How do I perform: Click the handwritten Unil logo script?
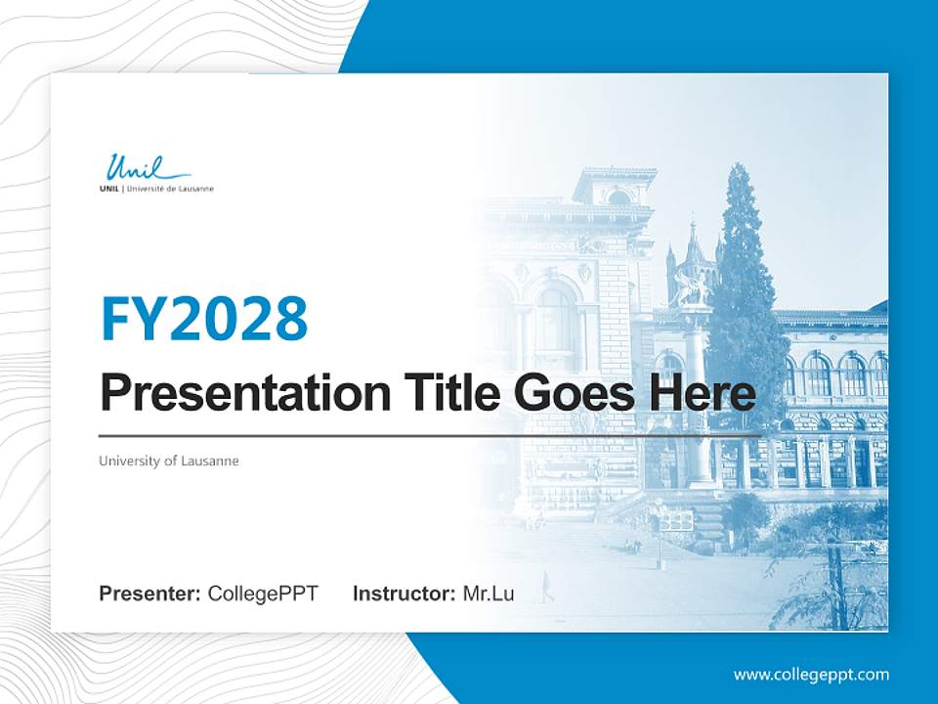coord(134,168)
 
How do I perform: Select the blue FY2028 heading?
coord(204,319)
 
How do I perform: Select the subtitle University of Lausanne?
coord(169,461)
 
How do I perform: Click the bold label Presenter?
coord(150,594)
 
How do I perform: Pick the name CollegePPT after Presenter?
coord(263,594)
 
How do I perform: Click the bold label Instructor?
coord(404,594)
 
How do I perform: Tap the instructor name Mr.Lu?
coord(489,594)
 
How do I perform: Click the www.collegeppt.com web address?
coord(811,675)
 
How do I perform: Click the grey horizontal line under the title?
coord(430,435)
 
